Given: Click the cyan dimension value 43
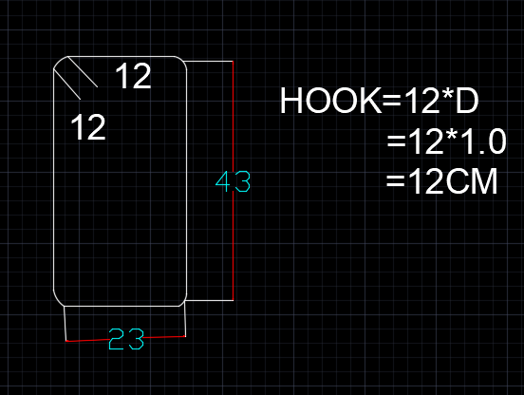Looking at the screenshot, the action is [x=233, y=181].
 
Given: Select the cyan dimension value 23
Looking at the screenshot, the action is [x=126, y=339].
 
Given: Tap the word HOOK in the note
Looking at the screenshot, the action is [x=330, y=101].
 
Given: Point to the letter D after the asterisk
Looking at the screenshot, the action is [x=467, y=101].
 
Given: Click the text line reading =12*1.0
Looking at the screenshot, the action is [x=446, y=141].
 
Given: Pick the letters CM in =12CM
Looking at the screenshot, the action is [x=471, y=181].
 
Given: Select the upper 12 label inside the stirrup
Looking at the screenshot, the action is [x=133, y=76].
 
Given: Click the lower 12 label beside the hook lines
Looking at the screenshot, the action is [x=88, y=126].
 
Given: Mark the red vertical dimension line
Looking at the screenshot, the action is [x=233, y=180].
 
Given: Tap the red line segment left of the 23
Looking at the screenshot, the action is [x=87, y=340].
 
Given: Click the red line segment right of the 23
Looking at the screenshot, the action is [x=165, y=337].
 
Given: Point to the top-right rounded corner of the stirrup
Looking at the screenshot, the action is [x=182, y=61].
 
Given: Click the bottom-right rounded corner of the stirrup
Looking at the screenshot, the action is [x=183, y=301].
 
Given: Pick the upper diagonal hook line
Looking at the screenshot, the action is [x=83, y=72].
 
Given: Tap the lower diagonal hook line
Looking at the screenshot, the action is [x=66, y=85].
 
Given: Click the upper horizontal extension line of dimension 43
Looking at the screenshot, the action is [x=209, y=61].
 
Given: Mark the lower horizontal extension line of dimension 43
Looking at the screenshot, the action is [x=209, y=300].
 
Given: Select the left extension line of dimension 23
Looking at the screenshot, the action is [x=65, y=324].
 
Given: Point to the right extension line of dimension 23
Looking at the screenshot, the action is [x=185, y=321].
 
